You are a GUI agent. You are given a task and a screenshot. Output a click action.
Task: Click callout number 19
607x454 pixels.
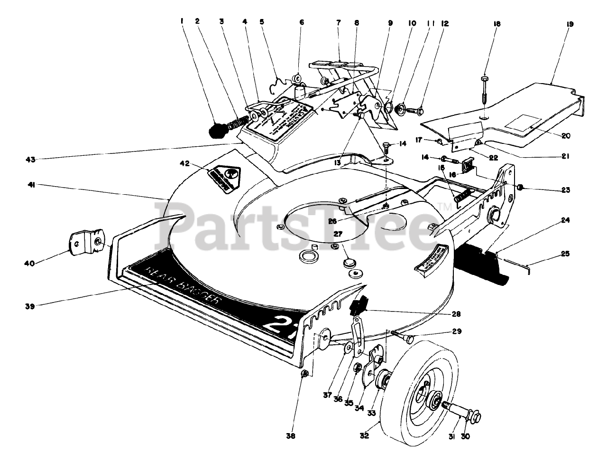570,24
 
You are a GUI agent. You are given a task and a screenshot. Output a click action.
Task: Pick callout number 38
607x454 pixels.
291,436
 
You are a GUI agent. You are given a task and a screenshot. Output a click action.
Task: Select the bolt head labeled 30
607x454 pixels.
475,416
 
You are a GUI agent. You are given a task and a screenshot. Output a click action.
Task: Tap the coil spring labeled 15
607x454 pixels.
463,196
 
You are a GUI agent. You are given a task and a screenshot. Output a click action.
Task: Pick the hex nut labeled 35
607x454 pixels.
359,366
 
